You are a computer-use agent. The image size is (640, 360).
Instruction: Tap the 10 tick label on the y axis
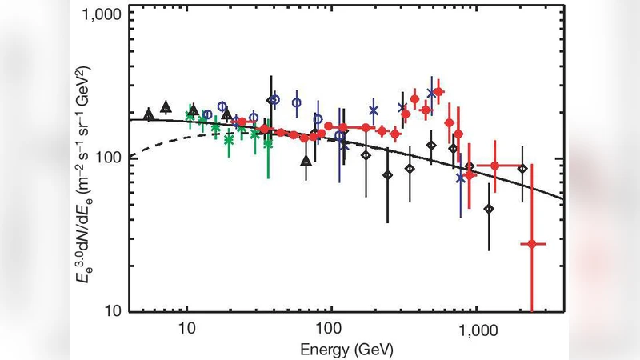pyautogui.click(x=114, y=310)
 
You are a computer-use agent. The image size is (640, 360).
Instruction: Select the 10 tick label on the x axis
pyautogui.click(x=186, y=328)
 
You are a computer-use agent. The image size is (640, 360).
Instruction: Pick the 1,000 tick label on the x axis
pyautogui.click(x=478, y=328)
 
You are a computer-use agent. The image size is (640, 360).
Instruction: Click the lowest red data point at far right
pyautogui.click(x=531, y=243)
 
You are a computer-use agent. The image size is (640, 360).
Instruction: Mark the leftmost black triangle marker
pyautogui.click(x=148, y=115)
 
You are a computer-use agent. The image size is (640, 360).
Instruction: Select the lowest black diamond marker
pyautogui.click(x=489, y=209)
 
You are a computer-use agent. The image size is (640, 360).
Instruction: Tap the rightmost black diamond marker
pyautogui.click(x=522, y=169)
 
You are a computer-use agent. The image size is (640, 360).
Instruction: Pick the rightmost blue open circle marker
pyautogui.click(x=340, y=136)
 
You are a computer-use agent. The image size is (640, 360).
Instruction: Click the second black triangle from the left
pyautogui.click(x=166, y=106)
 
